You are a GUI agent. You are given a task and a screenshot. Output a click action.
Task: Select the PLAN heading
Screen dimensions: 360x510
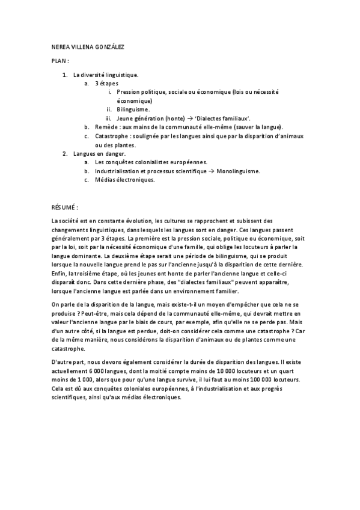pos(60,61)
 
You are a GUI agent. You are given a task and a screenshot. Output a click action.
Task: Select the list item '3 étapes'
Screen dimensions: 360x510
pos(106,84)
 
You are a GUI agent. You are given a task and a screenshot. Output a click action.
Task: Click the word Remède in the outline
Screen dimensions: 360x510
pos(106,127)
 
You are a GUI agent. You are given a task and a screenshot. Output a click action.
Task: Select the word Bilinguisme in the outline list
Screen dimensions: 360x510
pos(133,110)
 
